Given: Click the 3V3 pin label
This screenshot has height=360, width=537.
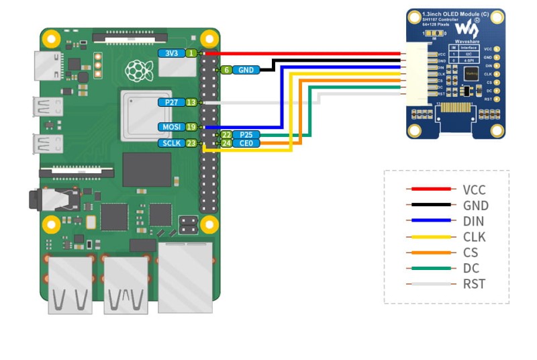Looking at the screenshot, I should click(171, 53).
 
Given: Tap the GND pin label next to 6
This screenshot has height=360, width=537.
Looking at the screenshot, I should click(246, 69).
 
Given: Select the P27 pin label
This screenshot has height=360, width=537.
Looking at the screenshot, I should click(171, 102).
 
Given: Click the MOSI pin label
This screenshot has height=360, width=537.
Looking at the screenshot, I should click(171, 126).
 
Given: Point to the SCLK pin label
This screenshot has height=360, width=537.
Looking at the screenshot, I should click(171, 143).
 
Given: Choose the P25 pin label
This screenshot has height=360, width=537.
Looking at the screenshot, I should click(246, 135).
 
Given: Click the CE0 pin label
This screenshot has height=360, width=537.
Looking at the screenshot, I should click(246, 143).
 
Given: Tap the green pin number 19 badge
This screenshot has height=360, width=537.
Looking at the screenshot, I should click(191, 126).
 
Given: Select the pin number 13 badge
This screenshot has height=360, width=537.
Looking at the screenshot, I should click(191, 102).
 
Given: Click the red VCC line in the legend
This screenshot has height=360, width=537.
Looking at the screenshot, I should click(430, 190).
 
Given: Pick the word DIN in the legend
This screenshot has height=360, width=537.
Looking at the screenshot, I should click(473, 222).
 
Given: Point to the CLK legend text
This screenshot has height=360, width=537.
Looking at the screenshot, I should click(474, 237).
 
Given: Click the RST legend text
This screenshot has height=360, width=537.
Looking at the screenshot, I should click(474, 283).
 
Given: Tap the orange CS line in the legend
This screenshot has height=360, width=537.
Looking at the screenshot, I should click(430, 253).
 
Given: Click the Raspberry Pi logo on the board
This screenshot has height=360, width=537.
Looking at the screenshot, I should click(138, 69).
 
